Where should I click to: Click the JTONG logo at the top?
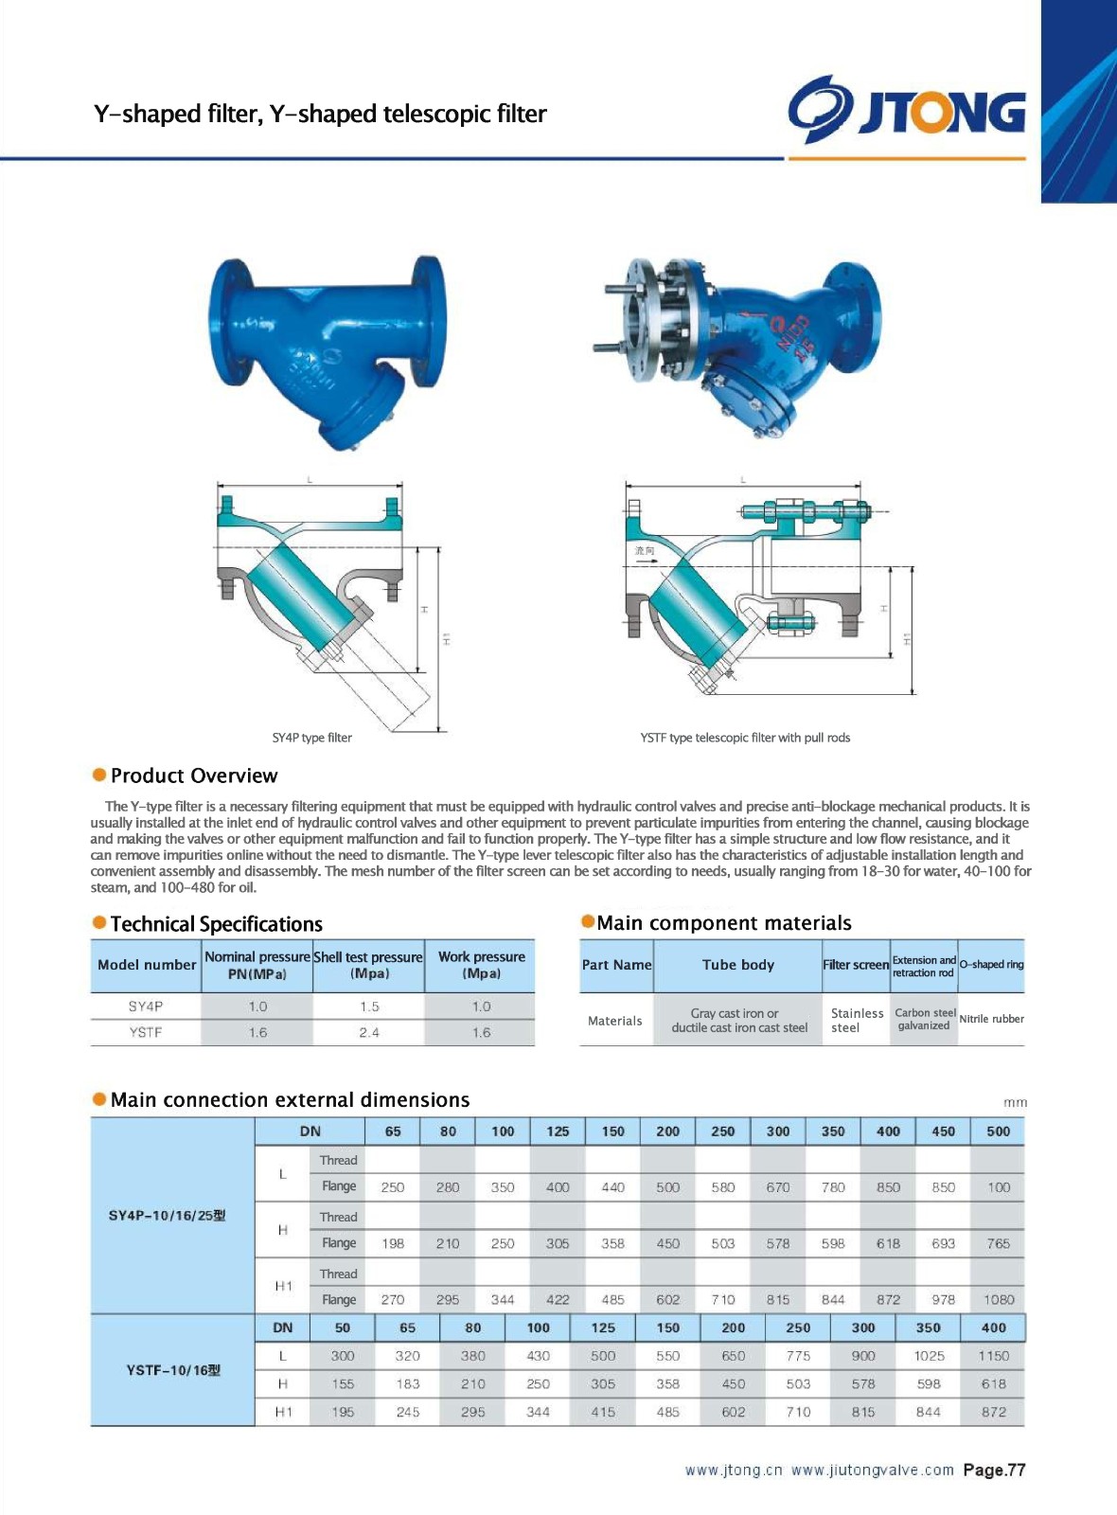(x=906, y=110)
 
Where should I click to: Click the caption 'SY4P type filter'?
(x=311, y=738)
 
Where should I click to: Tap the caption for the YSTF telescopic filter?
(x=744, y=738)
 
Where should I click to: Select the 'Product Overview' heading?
(x=193, y=775)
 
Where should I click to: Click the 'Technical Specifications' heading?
(x=216, y=924)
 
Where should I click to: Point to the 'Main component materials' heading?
(x=723, y=923)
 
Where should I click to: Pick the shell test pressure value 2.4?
(x=369, y=1033)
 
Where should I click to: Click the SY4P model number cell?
(x=146, y=1007)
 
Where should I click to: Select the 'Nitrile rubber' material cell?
(x=991, y=1019)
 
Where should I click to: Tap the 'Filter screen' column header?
(x=856, y=965)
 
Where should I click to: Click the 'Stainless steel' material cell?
(x=857, y=1020)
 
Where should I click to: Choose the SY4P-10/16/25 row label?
(x=168, y=1215)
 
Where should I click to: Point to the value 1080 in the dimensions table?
(x=998, y=1300)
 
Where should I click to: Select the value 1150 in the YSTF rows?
(x=993, y=1356)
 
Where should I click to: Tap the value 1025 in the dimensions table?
(x=929, y=1356)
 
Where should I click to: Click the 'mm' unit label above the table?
(x=1015, y=1102)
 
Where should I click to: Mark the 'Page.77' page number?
(x=994, y=1470)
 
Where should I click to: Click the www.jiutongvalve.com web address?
(x=872, y=1470)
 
